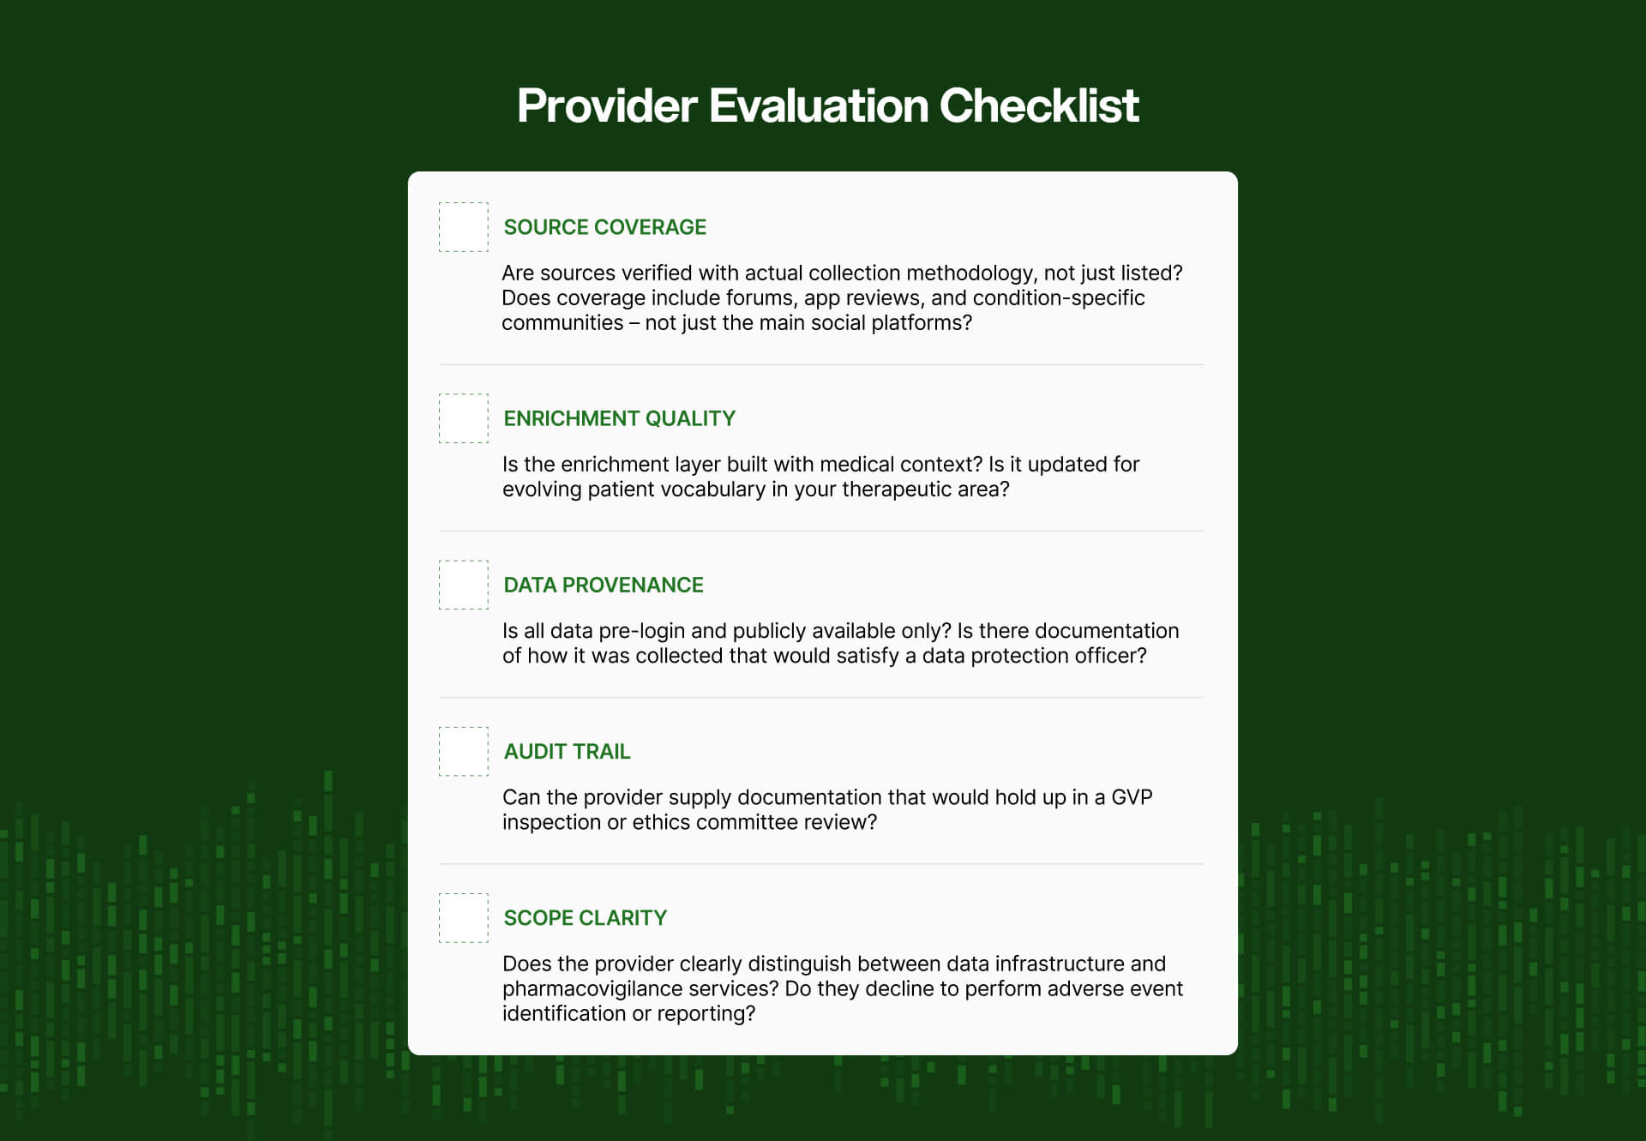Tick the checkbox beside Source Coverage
463,227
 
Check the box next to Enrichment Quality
463,418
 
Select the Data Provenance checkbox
463,585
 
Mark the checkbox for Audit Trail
463,751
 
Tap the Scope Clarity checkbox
463,917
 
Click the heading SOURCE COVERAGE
604,227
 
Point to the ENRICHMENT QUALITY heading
619,418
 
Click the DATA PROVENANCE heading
603,585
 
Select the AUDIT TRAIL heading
567,751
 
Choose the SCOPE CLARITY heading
585,917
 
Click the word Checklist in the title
1039,105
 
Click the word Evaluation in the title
819,105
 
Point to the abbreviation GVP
1132,797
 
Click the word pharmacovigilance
587,988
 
